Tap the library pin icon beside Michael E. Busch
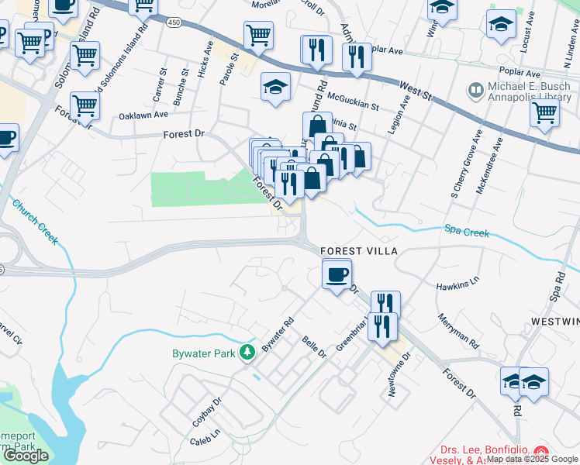click(x=475, y=91)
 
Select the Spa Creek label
click(x=467, y=231)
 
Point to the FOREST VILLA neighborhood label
click(x=359, y=252)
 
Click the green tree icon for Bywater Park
click(x=247, y=353)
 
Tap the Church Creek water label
click(x=34, y=222)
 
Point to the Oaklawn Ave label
click(x=143, y=115)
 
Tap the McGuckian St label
click(x=353, y=101)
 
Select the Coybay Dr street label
click(x=207, y=412)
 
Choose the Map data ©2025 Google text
click(x=532, y=460)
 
